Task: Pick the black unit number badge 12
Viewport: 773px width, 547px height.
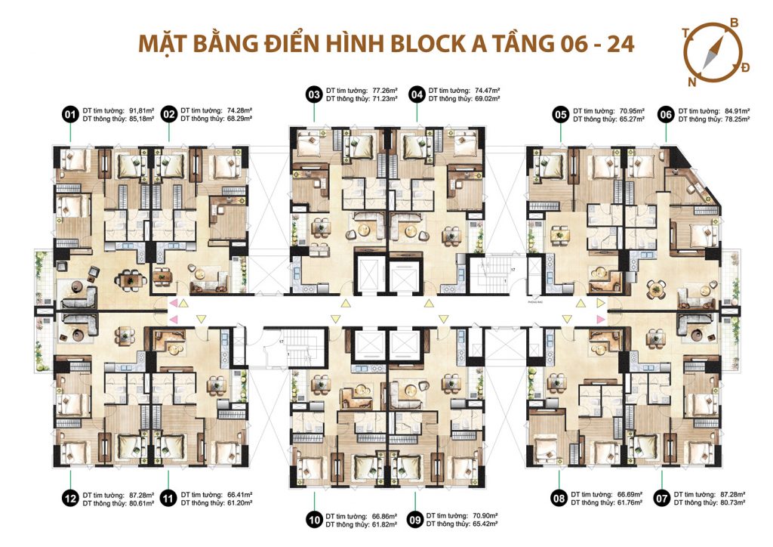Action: pyautogui.click(x=70, y=498)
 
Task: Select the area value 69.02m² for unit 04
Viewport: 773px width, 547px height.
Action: pyautogui.click(x=485, y=99)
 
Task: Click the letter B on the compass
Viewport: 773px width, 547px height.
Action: pyautogui.click(x=733, y=24)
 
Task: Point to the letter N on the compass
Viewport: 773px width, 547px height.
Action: pyautogui.click(x=691, y=82)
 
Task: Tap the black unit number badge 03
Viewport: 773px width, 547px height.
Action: pyautogui.click(x=313, y=94)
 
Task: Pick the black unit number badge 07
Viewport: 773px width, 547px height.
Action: pyautogui.click(x=662, y=498)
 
